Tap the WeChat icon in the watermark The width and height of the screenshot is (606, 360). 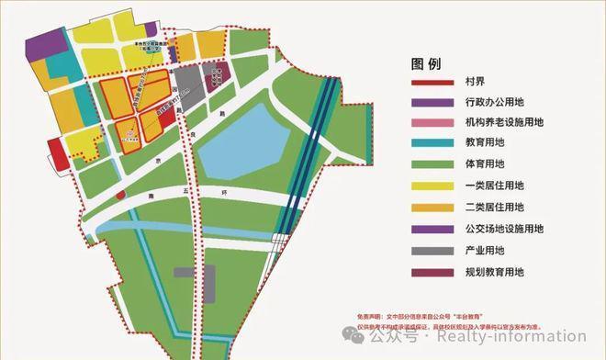[350, 336]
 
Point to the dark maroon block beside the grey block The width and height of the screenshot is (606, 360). [216, 78]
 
